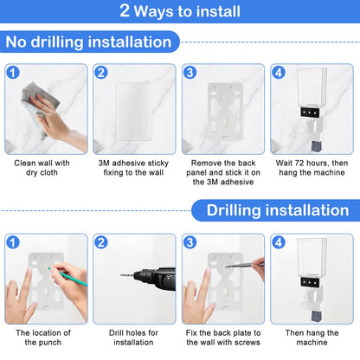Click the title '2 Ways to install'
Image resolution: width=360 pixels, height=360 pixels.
pyautogui.click(x=180, y=11)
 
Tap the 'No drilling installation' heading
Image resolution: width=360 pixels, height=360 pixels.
pyautogui.click(x=88, y=42)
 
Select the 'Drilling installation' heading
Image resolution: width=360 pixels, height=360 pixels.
pyautogui.click(x=278, y=210)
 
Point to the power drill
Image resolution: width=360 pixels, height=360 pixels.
pyautogui.click(x=149, y=278)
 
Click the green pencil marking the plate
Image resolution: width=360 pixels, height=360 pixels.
pyautogui.click(x=67, y=277)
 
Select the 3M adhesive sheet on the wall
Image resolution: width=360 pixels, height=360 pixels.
pyautogui.click(x=133, y=111)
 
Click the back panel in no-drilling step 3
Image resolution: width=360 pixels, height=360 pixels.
pyautogui.click(x=225, y=111)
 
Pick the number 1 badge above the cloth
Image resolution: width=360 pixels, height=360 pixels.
pyautogui.click(x=13, y=73)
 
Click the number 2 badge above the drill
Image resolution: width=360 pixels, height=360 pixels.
pyautogui.click(x=101, y=242)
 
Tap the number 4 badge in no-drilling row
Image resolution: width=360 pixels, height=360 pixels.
pyautogui.click(x=279, y=73)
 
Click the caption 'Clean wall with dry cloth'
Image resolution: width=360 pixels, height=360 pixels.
pyautogui.click(x=42, y=168)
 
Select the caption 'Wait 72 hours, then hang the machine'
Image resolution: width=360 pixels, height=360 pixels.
pyautogui.click(x=312, y=168)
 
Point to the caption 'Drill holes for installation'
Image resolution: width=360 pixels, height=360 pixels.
pyautogui.click(x=133, y=337)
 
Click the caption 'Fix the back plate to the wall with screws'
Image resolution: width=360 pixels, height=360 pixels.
pyautogui.click(x=223, y=337)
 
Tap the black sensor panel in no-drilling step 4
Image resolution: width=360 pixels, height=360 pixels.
pyautogui.click(x=310, y=112)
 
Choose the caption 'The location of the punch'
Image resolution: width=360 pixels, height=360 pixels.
pyautogui.click(x=43, y=337)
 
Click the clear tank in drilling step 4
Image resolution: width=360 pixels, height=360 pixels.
pyautogui.click(x=312, y=257)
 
